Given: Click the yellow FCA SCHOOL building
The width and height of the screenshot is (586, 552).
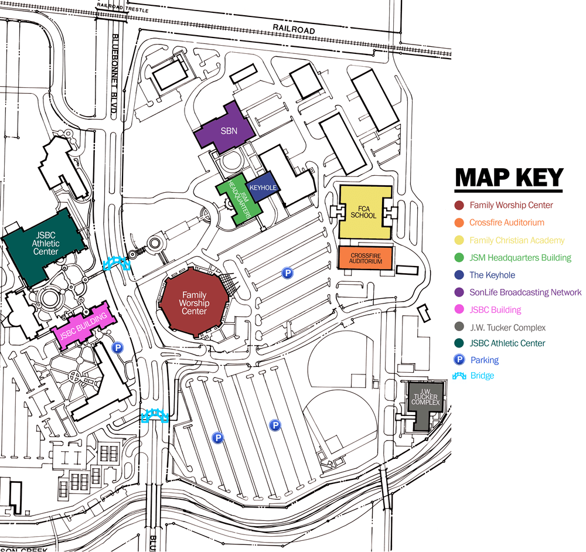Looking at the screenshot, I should [364, 212].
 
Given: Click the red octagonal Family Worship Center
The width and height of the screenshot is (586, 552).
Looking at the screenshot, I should [194, 303].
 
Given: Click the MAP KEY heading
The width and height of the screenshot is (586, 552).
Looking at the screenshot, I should [509, 178].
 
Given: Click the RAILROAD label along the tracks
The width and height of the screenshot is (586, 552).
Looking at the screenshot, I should [294, 30].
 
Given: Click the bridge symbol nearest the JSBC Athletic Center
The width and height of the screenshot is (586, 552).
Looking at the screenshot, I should [117, 263].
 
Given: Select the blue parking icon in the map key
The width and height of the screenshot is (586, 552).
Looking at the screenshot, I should [459, 360].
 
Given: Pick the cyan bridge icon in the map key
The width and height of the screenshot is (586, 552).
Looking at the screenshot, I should [459, 376].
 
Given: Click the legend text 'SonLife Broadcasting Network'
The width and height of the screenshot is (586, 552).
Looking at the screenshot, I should [526, 292].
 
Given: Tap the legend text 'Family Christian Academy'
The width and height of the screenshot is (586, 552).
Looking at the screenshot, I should [517, 240].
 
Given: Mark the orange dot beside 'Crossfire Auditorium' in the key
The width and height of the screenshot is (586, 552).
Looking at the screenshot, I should [459, 223].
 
